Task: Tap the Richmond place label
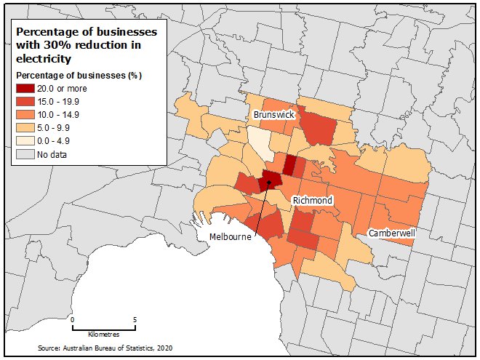pos(312,200)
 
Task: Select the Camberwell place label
pos(393,233)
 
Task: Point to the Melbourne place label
pos(231,238)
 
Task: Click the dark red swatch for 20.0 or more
pos(25,88)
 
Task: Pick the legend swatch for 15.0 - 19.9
pos(25,101)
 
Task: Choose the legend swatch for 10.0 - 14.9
pos(25,114)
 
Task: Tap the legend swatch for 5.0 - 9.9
pos(25,127)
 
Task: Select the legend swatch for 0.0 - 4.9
pos(25,140)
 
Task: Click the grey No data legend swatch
pos(25,153)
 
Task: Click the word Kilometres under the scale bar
pos(103,334)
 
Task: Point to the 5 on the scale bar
pos(135,319)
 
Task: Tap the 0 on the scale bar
pos(73,319)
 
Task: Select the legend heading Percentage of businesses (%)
pos(78,75)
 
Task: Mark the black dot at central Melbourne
pos(268,183)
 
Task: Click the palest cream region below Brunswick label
pos(257,138)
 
